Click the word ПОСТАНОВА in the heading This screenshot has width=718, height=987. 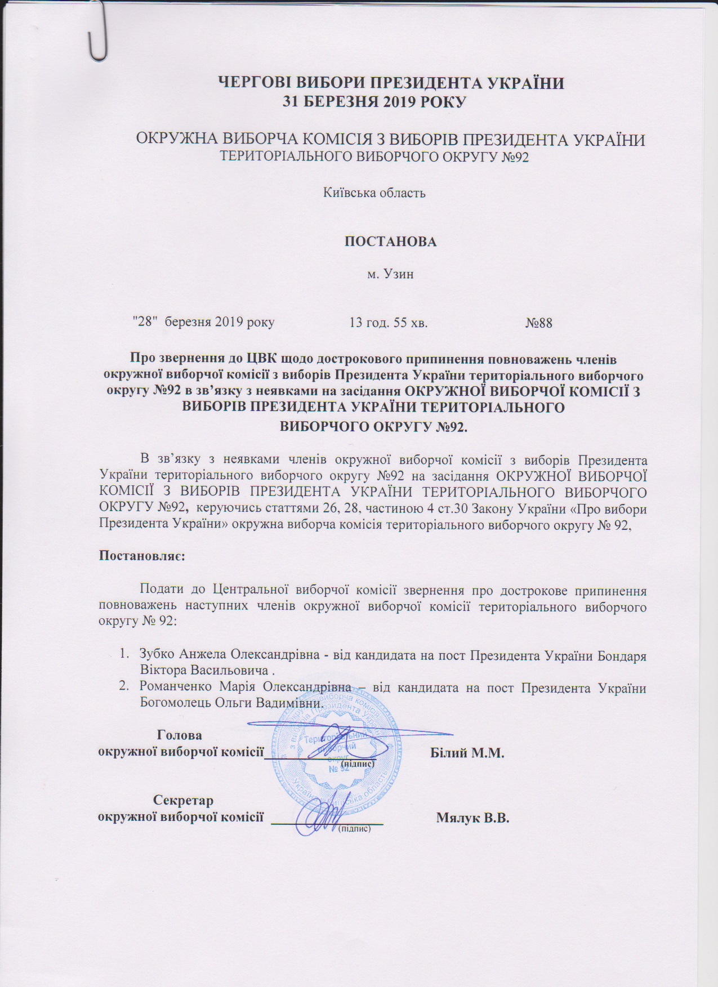point(390,241)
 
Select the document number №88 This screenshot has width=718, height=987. point(539,323)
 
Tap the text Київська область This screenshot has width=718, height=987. point(374,193)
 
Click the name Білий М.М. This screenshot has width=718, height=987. point(467,753)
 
